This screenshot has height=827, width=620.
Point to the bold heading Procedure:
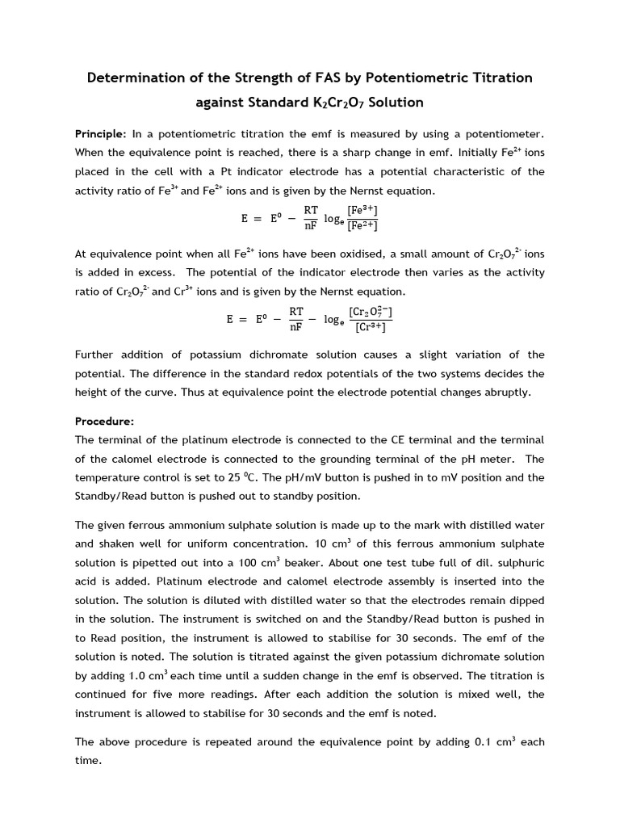(104, 421)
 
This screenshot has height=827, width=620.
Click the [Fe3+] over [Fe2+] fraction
(362, 218)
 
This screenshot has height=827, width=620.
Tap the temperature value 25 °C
(216, 477)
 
